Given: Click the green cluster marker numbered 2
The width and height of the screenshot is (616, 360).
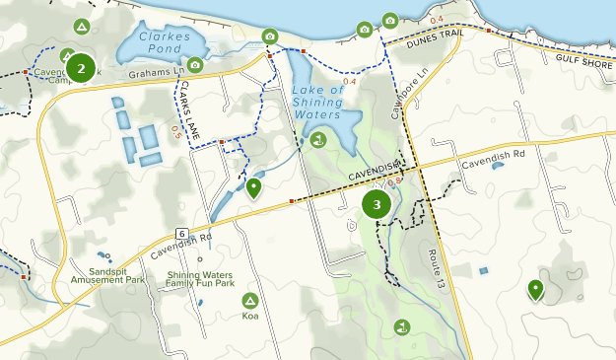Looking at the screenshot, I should pyautogui.click(x=81, y=68).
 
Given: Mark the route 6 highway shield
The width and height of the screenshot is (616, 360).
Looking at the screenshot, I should pyautogui.click(x=182, y=234).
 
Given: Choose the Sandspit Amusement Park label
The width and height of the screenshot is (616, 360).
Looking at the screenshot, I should pyautogui.click(x=107, y=275).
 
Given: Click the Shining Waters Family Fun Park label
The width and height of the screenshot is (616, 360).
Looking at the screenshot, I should pyautogui.click(x=200, y=279).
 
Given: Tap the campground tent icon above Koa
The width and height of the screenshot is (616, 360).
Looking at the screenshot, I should pyautogui.click(x=250, y=299).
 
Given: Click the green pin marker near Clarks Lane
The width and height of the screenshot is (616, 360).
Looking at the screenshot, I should pyautogui.click(x=254, y=186).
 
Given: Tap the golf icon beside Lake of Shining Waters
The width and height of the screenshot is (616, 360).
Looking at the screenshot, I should pyautogui.click(x=317, y=141).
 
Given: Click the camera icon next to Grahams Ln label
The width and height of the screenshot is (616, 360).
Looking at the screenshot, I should pyautogui.click(x=195, y=65).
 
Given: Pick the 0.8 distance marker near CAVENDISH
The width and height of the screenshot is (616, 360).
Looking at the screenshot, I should pyautogui.click(x=396, y=181).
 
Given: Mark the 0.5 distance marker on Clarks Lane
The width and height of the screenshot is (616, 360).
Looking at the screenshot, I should pyautogui.click(x=176, y=129).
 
